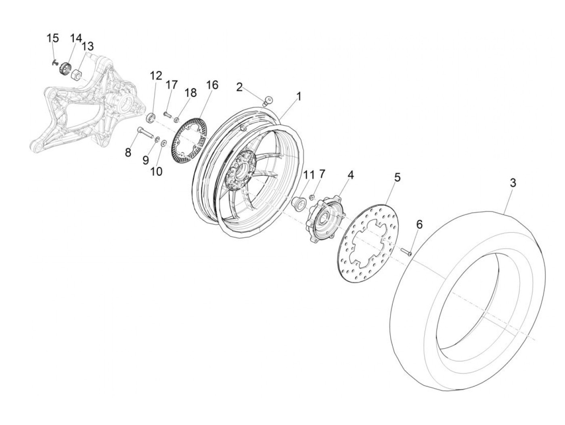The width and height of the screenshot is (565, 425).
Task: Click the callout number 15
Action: tap(53, 38)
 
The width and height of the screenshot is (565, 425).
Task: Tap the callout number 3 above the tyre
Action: tap(513, 183)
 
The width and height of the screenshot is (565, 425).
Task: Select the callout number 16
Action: tap(212, 85)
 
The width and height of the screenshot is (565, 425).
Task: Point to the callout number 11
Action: tap(309, 175)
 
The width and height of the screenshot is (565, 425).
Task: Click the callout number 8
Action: tap(128, 153)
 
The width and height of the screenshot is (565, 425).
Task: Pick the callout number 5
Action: tap(398, 177)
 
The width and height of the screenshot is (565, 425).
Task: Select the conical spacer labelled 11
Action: tap(297, 203)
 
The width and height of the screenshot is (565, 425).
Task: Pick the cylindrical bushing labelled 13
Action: tap(76, 75)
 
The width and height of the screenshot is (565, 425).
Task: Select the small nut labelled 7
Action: tap(312, 197)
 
